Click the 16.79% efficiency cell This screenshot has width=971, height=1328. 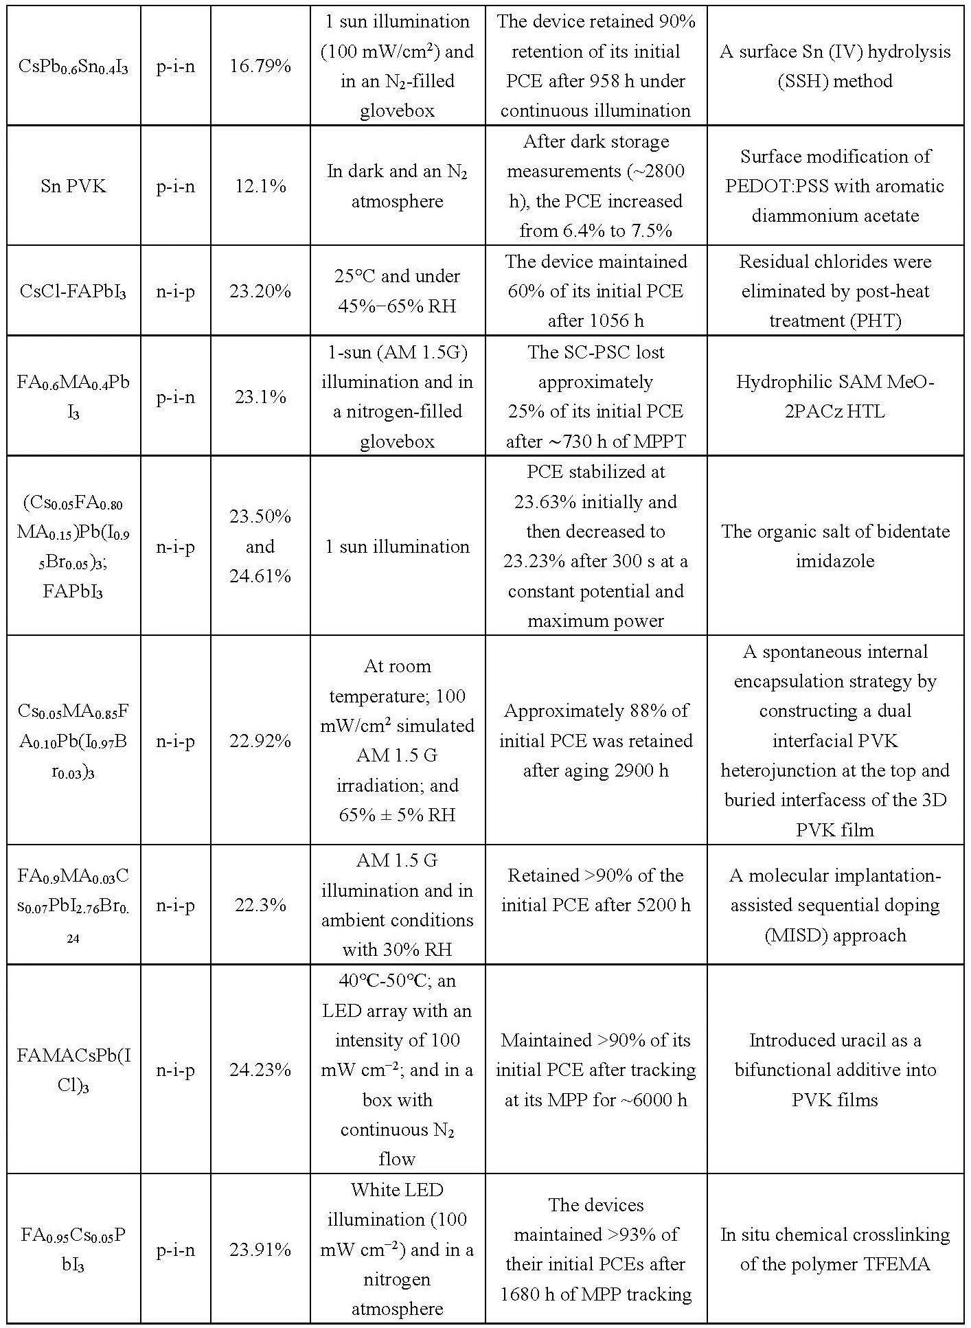[260, 67]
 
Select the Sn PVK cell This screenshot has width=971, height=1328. [73, 186]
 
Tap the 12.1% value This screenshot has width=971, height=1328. [260, 186]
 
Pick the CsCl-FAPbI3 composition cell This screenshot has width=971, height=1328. [73, 292]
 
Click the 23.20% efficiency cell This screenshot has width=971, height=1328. [260, 291]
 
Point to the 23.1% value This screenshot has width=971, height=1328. [260, 397]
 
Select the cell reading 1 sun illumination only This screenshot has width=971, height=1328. [397, 547]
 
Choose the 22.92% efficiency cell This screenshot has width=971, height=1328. [260, 741]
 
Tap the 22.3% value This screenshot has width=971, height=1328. [260, 905]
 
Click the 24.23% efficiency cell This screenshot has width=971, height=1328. [260, 1070]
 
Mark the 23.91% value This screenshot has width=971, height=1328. [260, 1250]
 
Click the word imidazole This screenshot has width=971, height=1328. [835, 561]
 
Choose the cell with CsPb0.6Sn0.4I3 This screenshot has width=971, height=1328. [73, 67]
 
